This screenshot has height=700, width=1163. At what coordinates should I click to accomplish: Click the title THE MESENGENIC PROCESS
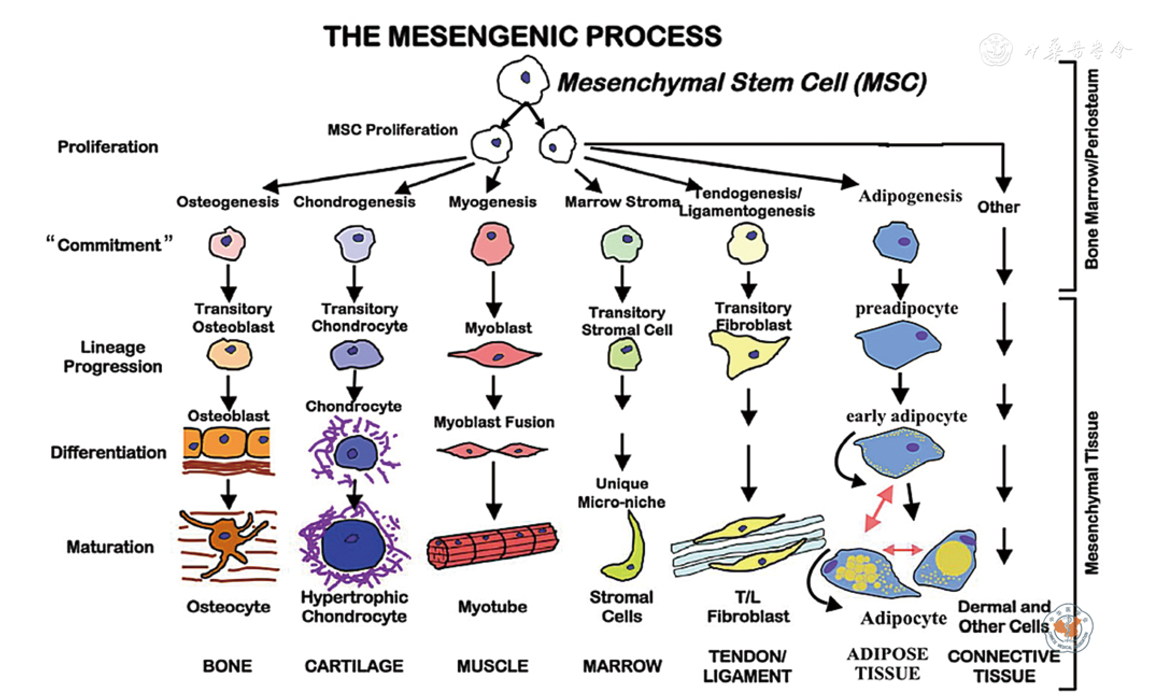pyautogui.click(x=522, y=37)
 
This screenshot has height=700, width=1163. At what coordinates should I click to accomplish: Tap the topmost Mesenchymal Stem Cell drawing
pyautogui.click(x=522, y=81)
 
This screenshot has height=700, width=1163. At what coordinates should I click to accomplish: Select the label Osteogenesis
pyautogui.click(x=228, y=202)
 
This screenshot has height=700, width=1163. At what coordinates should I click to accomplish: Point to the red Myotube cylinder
pyautogui.click(x=492, y=545)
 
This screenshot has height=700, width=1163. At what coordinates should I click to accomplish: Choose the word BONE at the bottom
pyautogui.click(x=227, y=666)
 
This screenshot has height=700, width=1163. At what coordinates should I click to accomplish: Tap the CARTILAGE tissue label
pyautogui.click(x=354, y=666)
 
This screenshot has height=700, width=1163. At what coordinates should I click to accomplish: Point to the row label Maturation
pyautogui.click(x=110, y=547)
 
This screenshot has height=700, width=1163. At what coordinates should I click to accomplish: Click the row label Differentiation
pyautogui.click(x=109, y=452)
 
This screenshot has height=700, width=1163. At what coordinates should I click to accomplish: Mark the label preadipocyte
pyautogui.click(x=907, y=309)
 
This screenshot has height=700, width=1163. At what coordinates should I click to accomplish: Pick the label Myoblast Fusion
pyautogui.click(x=494, y=422)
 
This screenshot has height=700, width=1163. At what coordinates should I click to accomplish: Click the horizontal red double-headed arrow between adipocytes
pyautogui.click(x=903, y=549)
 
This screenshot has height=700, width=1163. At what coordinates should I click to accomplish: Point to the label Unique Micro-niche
pyautogui.click(x=622, y=493)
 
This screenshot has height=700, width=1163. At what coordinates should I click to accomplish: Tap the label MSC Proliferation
pyautogui.click(x=393, y=130)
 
